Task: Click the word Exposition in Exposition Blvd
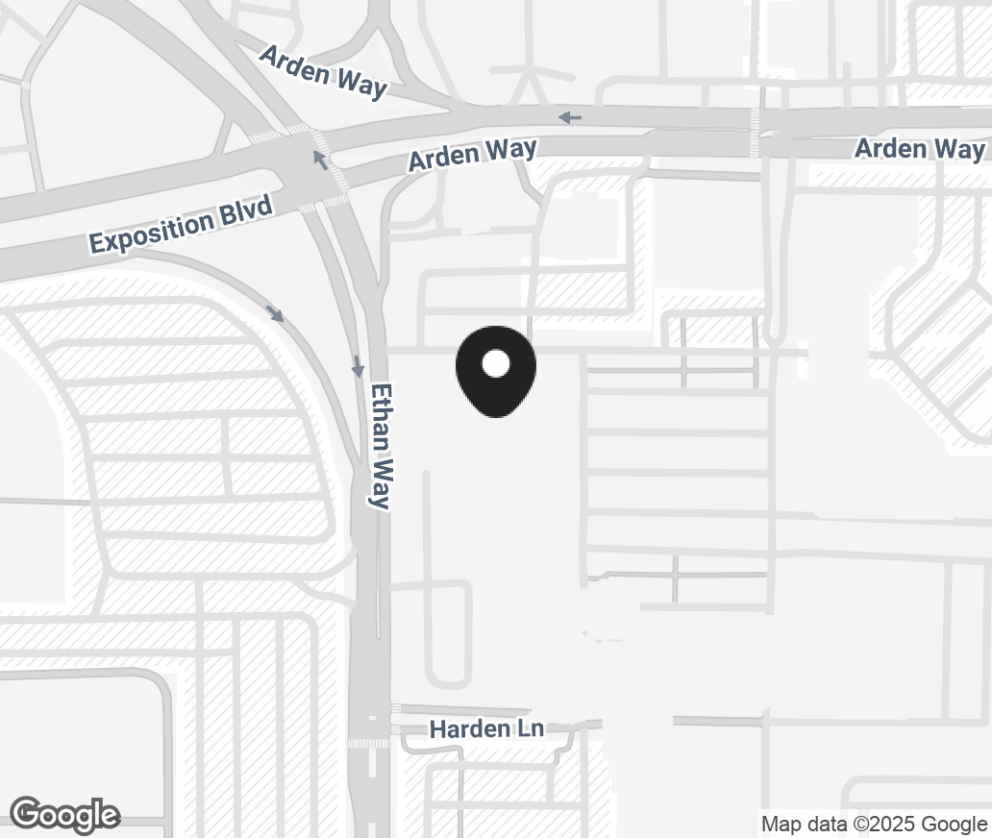click(152, 232)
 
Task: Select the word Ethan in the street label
click(382, 414)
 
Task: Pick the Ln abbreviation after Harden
click(530, 729)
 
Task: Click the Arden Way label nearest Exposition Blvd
click(472, 155)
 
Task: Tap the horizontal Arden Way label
click(919, 149)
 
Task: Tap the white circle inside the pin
click(495, 364)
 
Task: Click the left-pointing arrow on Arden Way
click(570, 117)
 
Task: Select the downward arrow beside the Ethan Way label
click(358, 366)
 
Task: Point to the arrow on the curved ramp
click(277, 314)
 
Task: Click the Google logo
click(65, 815)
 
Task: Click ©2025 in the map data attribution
click(884, 824)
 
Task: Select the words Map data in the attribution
click(804, 824)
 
